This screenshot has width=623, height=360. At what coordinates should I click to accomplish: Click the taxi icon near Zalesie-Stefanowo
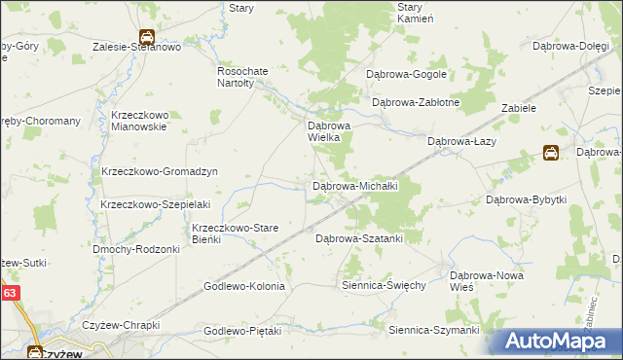click(x=146, y=38)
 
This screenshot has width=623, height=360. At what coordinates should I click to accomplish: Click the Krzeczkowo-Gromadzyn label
click(x=159, y=171)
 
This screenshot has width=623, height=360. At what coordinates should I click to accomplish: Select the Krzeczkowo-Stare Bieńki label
click(x=235, y=233)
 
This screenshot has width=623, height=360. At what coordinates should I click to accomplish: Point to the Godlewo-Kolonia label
click(x=244, y=286)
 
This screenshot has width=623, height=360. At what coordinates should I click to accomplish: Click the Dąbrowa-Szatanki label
click(x=358, y=237)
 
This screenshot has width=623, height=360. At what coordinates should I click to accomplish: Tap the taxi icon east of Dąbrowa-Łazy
click(x=551, y=153)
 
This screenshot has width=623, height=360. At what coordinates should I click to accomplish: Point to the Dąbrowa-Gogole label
click(x=406, y=74)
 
